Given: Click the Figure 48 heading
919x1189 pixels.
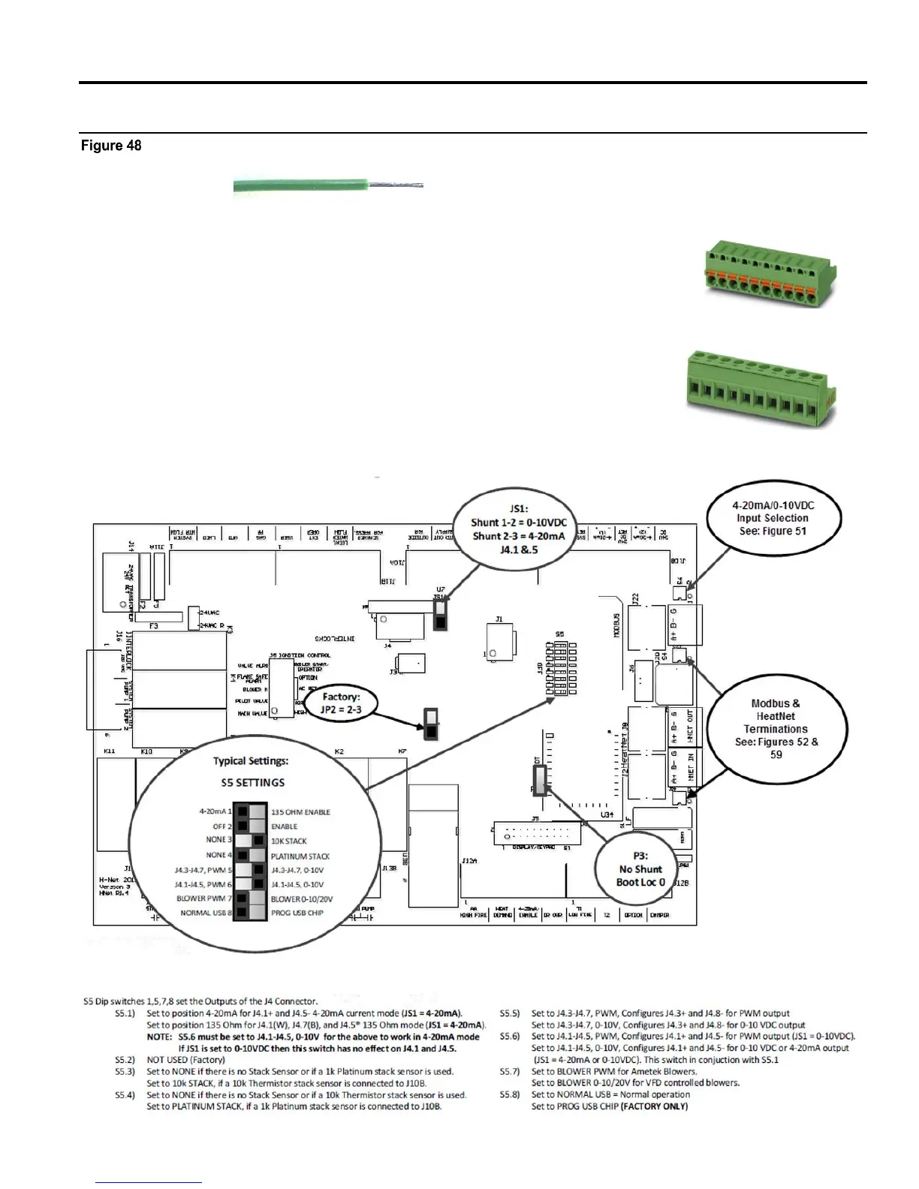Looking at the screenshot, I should [x=111, y=146].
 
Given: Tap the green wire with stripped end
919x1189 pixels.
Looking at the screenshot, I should [x=328, y=187].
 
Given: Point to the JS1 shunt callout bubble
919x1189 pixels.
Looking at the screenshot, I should [x=518, y=529].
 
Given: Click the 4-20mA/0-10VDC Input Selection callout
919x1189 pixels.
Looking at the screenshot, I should [x=773, y=518].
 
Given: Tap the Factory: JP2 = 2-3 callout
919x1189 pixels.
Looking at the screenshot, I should [x=341, y=703].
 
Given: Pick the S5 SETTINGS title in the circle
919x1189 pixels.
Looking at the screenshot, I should [x=252, y=782].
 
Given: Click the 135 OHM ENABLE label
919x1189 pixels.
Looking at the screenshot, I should [x=300, y=812].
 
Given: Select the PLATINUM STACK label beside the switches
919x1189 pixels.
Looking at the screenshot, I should [x=300, y=856].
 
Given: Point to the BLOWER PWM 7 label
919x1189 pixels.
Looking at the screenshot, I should [x=204, y=899].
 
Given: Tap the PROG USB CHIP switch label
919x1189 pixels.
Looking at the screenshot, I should [x=297, y=913].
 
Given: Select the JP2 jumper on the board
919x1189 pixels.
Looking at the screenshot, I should [x=431, y=724].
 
